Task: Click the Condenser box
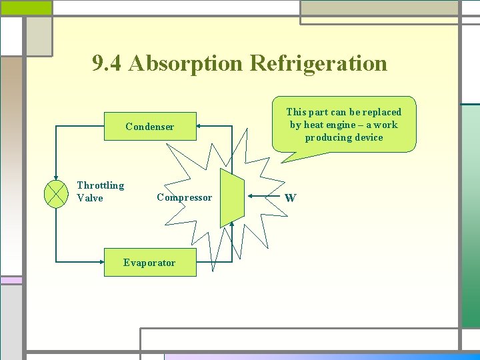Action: click(x=150, y=127)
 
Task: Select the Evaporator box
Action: click(x=149, y=263)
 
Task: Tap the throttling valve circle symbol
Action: click(x=56, y=194)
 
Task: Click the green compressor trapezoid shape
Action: click(x=232, y=197)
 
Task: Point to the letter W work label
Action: click(x=290, y=198)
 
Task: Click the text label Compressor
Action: click(x=184, y=197)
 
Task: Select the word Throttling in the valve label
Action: click(x=100, y=185)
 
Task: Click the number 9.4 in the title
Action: click(x=107, y=63)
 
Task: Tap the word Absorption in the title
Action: click(x=186, y=63)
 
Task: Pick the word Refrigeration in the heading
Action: click(x=318, y=63)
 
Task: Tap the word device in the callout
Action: click(x=369, y=137)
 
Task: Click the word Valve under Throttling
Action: click(x=90, y=198)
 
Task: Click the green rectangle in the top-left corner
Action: click(x=25, y=7)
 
